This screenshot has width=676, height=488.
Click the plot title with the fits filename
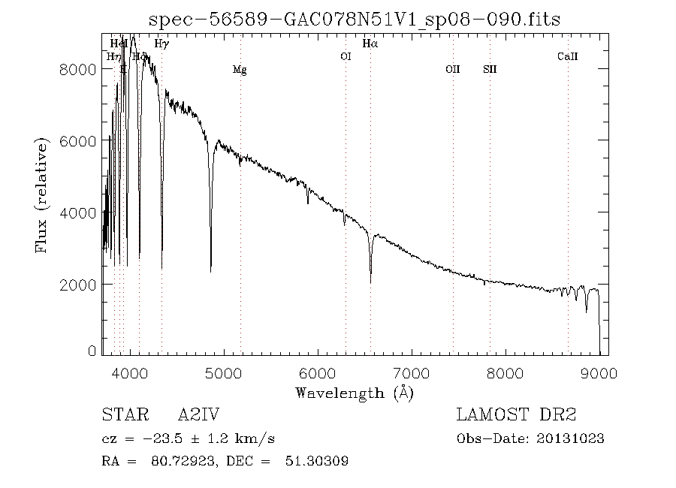[x=355, y=19]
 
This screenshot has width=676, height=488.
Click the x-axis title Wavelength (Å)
[x=355, y=392]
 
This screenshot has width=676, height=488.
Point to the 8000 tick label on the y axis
[x=77, y=69]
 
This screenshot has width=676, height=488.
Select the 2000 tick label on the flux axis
[x=77, y=285]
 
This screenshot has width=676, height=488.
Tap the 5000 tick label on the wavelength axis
[x=224, y=373]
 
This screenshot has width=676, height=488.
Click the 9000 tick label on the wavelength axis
[x=599, y=373]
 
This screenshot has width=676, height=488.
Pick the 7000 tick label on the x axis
[x=412, y=373]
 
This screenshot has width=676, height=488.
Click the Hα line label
[x=370, y=44]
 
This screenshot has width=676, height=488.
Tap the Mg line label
[x=240, y=70]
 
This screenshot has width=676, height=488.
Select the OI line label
[x=346, y=56]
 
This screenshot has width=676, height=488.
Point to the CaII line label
[x=567, y=56]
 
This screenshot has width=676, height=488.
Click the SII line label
[x=490, y=70]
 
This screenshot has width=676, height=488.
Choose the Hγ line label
[x=161, y=44]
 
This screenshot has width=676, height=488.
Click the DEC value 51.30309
[x=316, y=461]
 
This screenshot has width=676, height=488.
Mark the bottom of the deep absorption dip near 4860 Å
[x=210, y=271]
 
